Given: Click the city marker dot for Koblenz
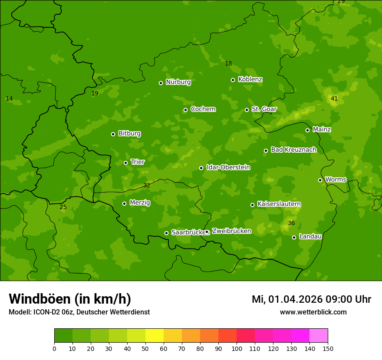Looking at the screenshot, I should pos(233,80).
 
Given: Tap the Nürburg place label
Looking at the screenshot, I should pos(178,82).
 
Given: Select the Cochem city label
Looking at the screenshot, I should pos(203,109).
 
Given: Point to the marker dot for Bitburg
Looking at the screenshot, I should pos(113,134).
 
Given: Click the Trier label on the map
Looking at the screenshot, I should pos(138,162).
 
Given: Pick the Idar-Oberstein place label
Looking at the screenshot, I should pos(228,167).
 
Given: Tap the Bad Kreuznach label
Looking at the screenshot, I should pos(293,150).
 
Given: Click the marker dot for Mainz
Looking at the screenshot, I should pos(307,130).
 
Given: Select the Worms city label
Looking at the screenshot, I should pos(335,180).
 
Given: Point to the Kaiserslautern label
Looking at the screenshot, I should pos(279,204).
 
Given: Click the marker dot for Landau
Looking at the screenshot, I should pos(294,237).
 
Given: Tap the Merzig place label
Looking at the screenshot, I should pos(140,203).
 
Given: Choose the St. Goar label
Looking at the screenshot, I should pos(264,109).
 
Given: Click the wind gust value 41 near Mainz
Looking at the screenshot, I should pos(334,99).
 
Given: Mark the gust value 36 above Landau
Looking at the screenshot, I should pos(291,223).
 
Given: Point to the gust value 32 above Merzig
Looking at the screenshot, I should pos(147,186).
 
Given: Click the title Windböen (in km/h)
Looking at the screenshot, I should pos(70,299).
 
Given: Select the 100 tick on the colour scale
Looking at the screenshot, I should pos(237,348).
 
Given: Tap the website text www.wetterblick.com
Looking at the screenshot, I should pos(313,312).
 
